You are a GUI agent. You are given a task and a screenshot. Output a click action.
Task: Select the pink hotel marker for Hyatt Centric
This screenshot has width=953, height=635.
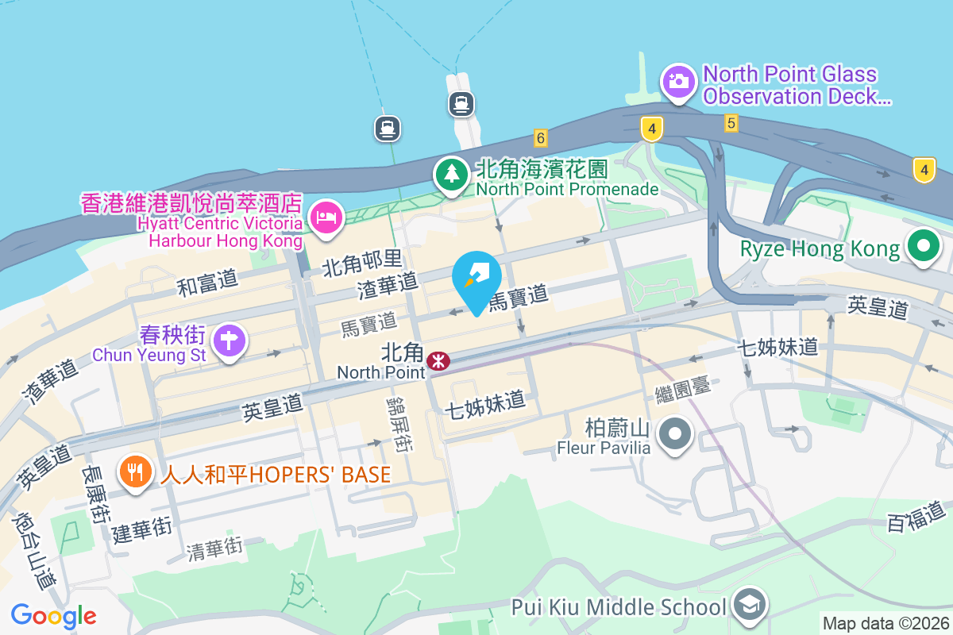click(x=326, y=217)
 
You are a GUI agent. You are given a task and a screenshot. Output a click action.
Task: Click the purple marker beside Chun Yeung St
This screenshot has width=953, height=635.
click(x=230, y=341)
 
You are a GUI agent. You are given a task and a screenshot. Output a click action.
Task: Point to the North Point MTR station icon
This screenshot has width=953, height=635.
click(x=438, y=362)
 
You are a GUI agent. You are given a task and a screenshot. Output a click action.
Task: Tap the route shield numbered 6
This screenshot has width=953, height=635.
click(x=541, y=138)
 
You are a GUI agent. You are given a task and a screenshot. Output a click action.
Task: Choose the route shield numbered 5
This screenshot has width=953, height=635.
click(x=731, y=123)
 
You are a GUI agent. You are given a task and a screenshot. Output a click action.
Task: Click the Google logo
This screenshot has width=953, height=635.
click(x=54, y=616)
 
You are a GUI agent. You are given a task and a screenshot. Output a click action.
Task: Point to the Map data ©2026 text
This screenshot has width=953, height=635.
click(x=885, y=624)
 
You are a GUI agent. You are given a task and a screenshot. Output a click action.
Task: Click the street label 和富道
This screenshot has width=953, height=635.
click(x=207, y=283)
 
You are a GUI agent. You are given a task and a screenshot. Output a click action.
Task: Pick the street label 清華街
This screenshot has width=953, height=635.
click(x=214, y=548)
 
